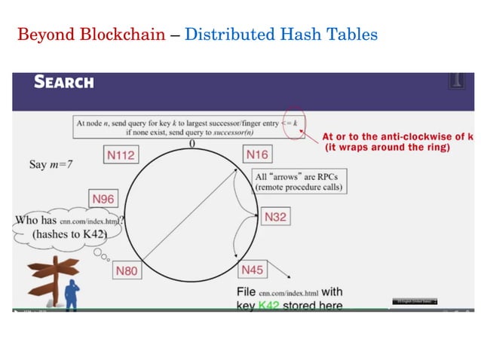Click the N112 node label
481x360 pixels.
point(121,156)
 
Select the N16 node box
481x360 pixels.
point(257,154)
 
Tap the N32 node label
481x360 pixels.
point(275,216)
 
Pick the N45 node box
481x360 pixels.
point(252,270)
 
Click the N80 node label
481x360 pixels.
point(127,270)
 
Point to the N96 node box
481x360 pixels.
point(103,199)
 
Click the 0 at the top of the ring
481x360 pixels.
point(192,143)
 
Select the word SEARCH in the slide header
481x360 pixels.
point(64,82)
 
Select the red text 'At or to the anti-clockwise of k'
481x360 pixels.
point(397,136)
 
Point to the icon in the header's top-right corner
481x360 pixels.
point(455,81)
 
